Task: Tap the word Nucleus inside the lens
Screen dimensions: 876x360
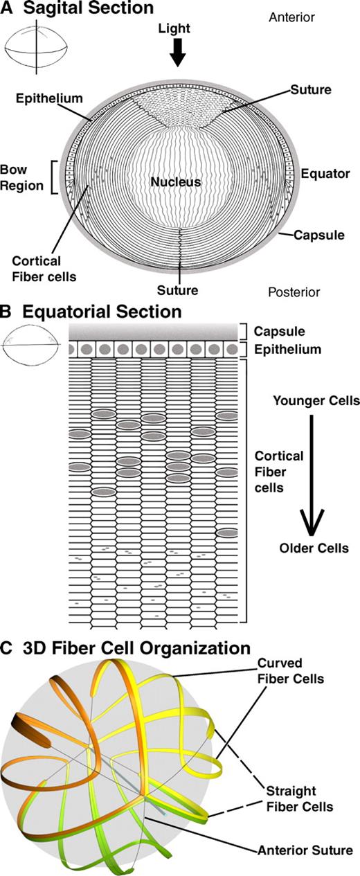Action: pyautogui.click(x=177, y=182)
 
